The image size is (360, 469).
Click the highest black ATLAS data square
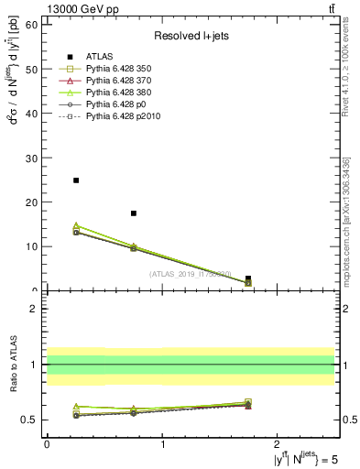click(x=76, y=180)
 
